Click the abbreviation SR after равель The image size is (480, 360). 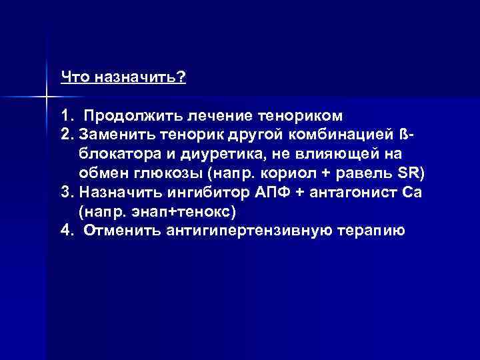[x=413, y=174]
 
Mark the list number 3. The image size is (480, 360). [x=65, y=193]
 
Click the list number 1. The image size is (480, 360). [x=65, y=116]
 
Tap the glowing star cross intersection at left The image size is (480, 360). [x=47, y=97]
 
